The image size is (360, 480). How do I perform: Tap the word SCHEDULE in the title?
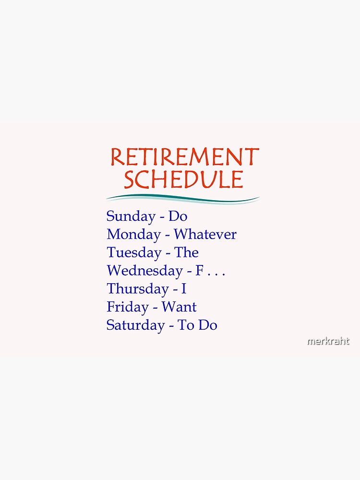[x=184, y=179]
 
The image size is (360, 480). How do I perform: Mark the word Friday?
[x=127, y=307]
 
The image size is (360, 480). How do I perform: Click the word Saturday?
[x=135, y=325]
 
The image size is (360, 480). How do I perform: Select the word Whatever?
[x=205, y=235]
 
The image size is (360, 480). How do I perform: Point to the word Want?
[x=179, y=307]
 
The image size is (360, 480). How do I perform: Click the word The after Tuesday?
[x=187, y=252]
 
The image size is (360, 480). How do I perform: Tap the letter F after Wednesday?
[x=200, y=271]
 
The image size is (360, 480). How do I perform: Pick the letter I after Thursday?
[x=184, y=289]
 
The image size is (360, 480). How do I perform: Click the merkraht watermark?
[x=328, y=342]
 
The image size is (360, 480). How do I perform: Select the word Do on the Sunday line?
[x=178, y=216]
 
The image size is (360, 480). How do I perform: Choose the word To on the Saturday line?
[x=186, y=325]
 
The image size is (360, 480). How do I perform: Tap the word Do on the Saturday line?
[x=208, y=325]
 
